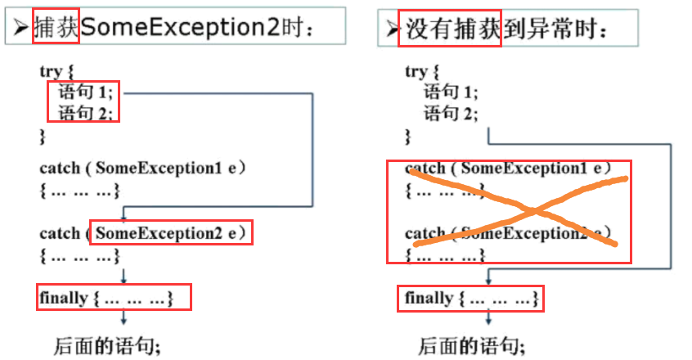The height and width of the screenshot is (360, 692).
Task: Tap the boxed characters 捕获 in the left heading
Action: point(56,28)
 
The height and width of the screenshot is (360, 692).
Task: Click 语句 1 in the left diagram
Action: point(85,92)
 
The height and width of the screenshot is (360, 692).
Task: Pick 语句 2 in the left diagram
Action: point(85,112)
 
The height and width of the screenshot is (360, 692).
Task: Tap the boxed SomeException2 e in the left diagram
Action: point(171,233)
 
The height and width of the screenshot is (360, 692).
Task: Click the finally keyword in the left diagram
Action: point(63,298)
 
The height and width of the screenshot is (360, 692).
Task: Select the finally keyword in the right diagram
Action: point(429,299)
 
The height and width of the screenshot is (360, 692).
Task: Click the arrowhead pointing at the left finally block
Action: point(123,280)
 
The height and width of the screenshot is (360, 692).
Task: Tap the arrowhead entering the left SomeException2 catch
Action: point(123,218)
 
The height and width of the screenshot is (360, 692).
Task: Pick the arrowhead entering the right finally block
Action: point(488,281)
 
